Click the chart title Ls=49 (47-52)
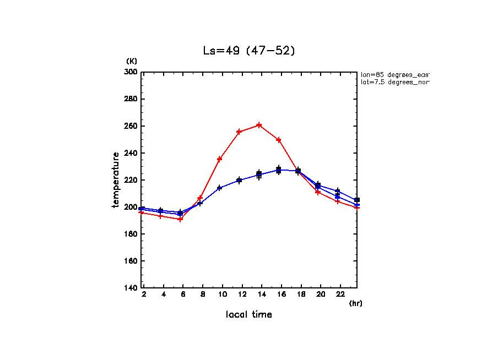coord(249,50)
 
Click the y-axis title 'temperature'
coord(116,180)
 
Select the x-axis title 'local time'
coord(248,314)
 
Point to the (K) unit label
coord(132,61)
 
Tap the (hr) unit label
coord(355,303)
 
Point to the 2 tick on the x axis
coord(144,294)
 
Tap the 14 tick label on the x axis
coord(262,294)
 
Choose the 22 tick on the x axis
coord(340,294)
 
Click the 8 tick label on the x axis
coord(203,294)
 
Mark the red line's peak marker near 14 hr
coord(259,125)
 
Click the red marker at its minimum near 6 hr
coord(180,219)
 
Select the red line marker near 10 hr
coord(219,159)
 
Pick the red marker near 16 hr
coord(279,140)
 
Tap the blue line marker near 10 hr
coord(219,188)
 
